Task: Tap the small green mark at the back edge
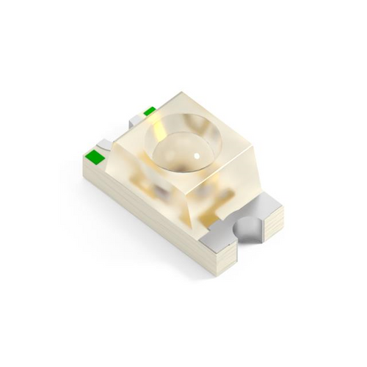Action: (150, 112)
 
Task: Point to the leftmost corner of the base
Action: (82, 158)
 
